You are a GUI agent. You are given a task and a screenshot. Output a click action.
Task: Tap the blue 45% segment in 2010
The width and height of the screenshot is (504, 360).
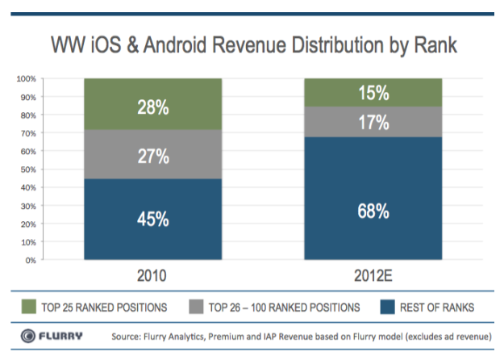tap(153, 219)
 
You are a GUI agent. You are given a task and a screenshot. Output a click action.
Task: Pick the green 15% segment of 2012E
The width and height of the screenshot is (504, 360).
tap(373, 92)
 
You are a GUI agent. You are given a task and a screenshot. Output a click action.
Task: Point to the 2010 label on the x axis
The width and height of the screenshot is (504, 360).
tap(153, 275)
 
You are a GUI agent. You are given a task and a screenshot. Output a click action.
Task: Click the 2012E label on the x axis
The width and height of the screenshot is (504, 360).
tap(373, 275)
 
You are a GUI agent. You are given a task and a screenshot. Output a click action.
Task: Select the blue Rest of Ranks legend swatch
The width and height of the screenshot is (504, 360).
tap(386, 308)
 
